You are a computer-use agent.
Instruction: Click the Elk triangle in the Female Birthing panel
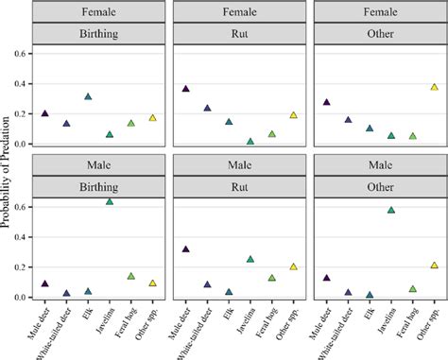[88, 96]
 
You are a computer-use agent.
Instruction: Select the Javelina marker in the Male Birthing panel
[110, 201]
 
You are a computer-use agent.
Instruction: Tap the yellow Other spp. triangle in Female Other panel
[434, 87]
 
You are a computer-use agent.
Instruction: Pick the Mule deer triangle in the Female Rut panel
[185, 88]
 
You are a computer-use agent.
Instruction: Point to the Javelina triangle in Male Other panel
[390, 210]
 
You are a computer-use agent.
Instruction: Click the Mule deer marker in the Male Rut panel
[185, 249]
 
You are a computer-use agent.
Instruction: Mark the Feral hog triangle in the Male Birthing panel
[131, 276]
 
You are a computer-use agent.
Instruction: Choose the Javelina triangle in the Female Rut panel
[250, 141]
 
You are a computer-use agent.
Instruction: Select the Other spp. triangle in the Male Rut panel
[293, 266]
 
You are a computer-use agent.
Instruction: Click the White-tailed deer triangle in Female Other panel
[348, 120]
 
